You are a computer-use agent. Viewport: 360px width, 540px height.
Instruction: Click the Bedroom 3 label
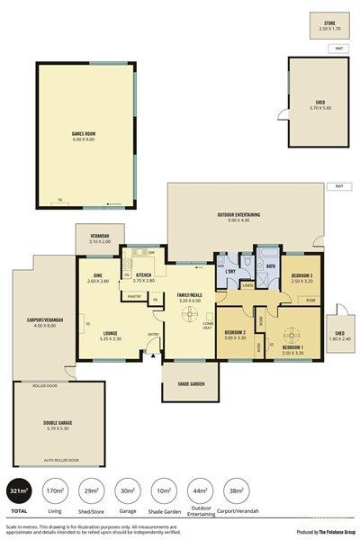click(x=301, y=279)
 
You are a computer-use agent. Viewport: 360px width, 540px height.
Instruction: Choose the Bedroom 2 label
click(x=235, y=335)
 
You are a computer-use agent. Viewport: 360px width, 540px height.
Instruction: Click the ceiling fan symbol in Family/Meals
click(x=190, y=314)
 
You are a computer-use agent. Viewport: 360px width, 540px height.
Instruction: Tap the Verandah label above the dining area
click(x=99, y=238)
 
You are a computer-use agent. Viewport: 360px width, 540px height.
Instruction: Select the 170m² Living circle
click(x=55, y=492)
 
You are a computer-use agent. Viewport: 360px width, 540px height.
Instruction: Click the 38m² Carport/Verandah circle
click(x=236, y=492)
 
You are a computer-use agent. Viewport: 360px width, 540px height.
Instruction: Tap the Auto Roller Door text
click(x=60, y=459)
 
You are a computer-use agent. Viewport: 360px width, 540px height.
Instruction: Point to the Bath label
click(x=270, y=266)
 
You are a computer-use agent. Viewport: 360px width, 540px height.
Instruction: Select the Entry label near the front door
click(x=153, y=335)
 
